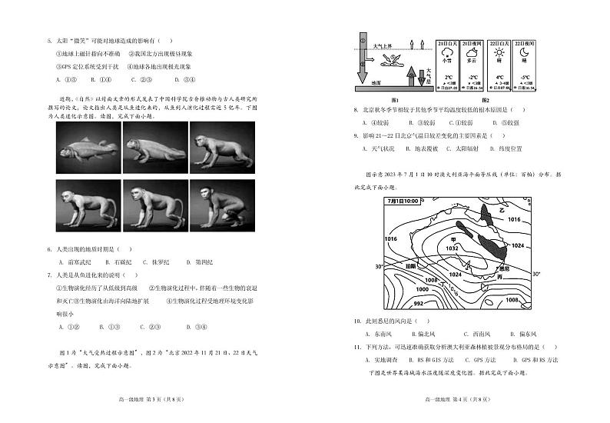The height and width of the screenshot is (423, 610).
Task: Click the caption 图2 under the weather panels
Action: pyautogui.click(x=485, y=101)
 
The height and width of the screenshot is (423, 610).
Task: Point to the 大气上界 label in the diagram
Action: pyautogui.click(x=383, y=47)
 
